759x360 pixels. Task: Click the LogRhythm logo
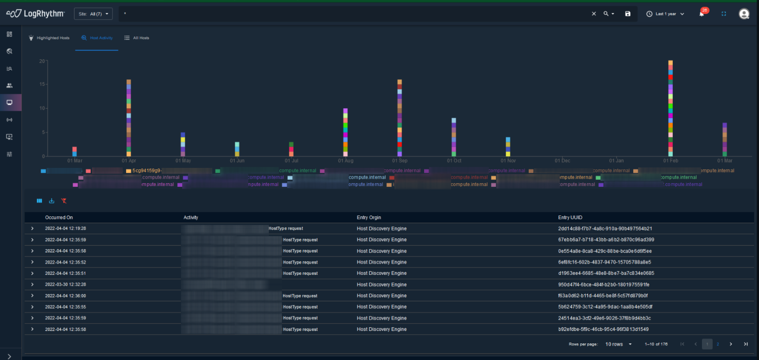35,13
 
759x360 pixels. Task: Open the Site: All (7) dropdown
93,14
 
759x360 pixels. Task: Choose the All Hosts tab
137,38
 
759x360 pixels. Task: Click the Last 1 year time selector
665,14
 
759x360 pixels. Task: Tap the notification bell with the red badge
702,13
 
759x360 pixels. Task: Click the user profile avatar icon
744,14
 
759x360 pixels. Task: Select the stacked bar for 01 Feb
671,108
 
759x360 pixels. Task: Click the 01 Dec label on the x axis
562,161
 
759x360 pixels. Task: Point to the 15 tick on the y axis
42,84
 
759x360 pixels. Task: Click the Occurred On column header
59,218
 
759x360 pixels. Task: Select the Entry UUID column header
570,218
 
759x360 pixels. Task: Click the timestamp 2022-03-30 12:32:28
66,285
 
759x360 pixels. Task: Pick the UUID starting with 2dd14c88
605,229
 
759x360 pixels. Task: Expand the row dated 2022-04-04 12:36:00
32,296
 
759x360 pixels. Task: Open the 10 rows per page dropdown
619,344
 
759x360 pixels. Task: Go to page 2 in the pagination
718,344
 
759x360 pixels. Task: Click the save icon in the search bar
627,14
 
